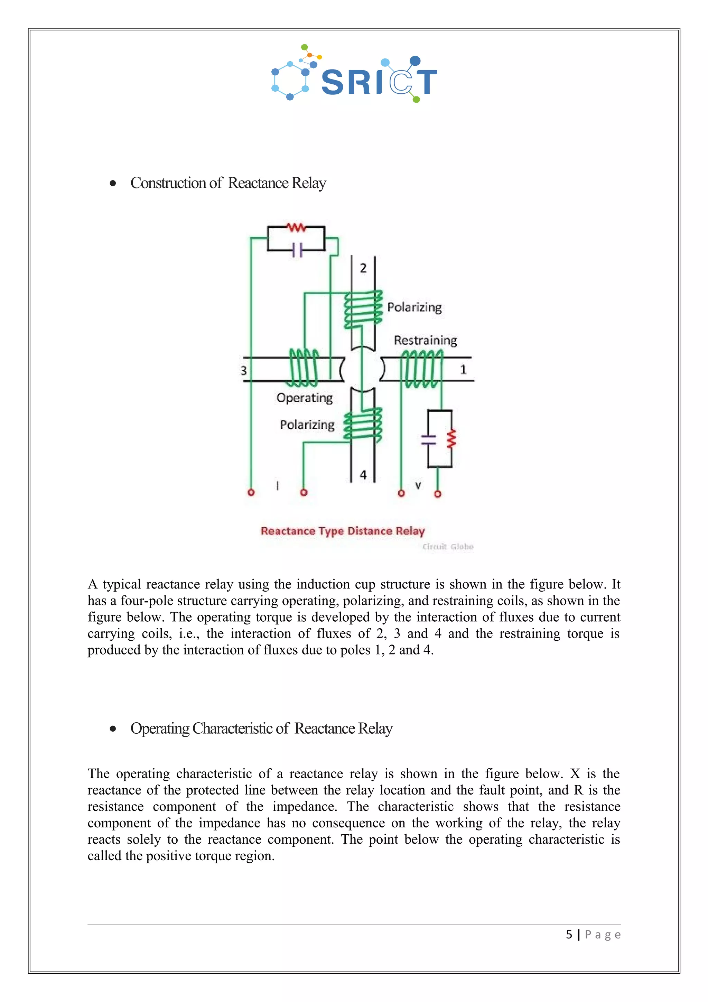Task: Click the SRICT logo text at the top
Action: [x=379, y=82]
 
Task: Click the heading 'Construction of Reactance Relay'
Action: [x=228, y=183]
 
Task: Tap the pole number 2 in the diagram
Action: [x=363, y=268]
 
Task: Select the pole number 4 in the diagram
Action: [x=363, y=475]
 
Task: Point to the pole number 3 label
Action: [x=244, y=371]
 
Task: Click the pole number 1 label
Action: [x=463, y=370]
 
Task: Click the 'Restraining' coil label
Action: [x=425, y=341]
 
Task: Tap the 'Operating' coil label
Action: [x=305, y=398]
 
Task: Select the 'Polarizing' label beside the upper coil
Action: [x=414, y=307]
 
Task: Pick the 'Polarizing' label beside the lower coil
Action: [x=307, y=425]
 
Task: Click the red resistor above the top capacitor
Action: [x=296, y=227]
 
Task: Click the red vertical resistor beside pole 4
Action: [x=451, y=439]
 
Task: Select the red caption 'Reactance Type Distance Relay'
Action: [x=343, y=531]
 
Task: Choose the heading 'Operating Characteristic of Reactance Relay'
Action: [x=261, y=729]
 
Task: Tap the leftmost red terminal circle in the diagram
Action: [x=251, y=492]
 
